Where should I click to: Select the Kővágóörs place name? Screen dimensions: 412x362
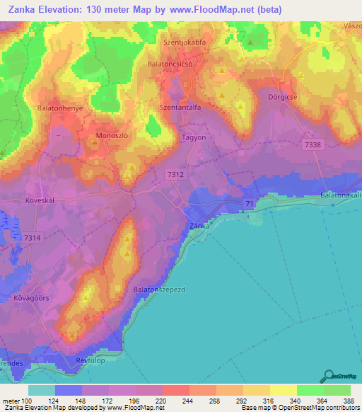coord(30,298)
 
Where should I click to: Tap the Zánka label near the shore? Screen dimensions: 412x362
coord(200,225)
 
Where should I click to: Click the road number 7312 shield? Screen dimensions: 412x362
coord(176,173)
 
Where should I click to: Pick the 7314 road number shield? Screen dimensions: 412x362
coord(32,238)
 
